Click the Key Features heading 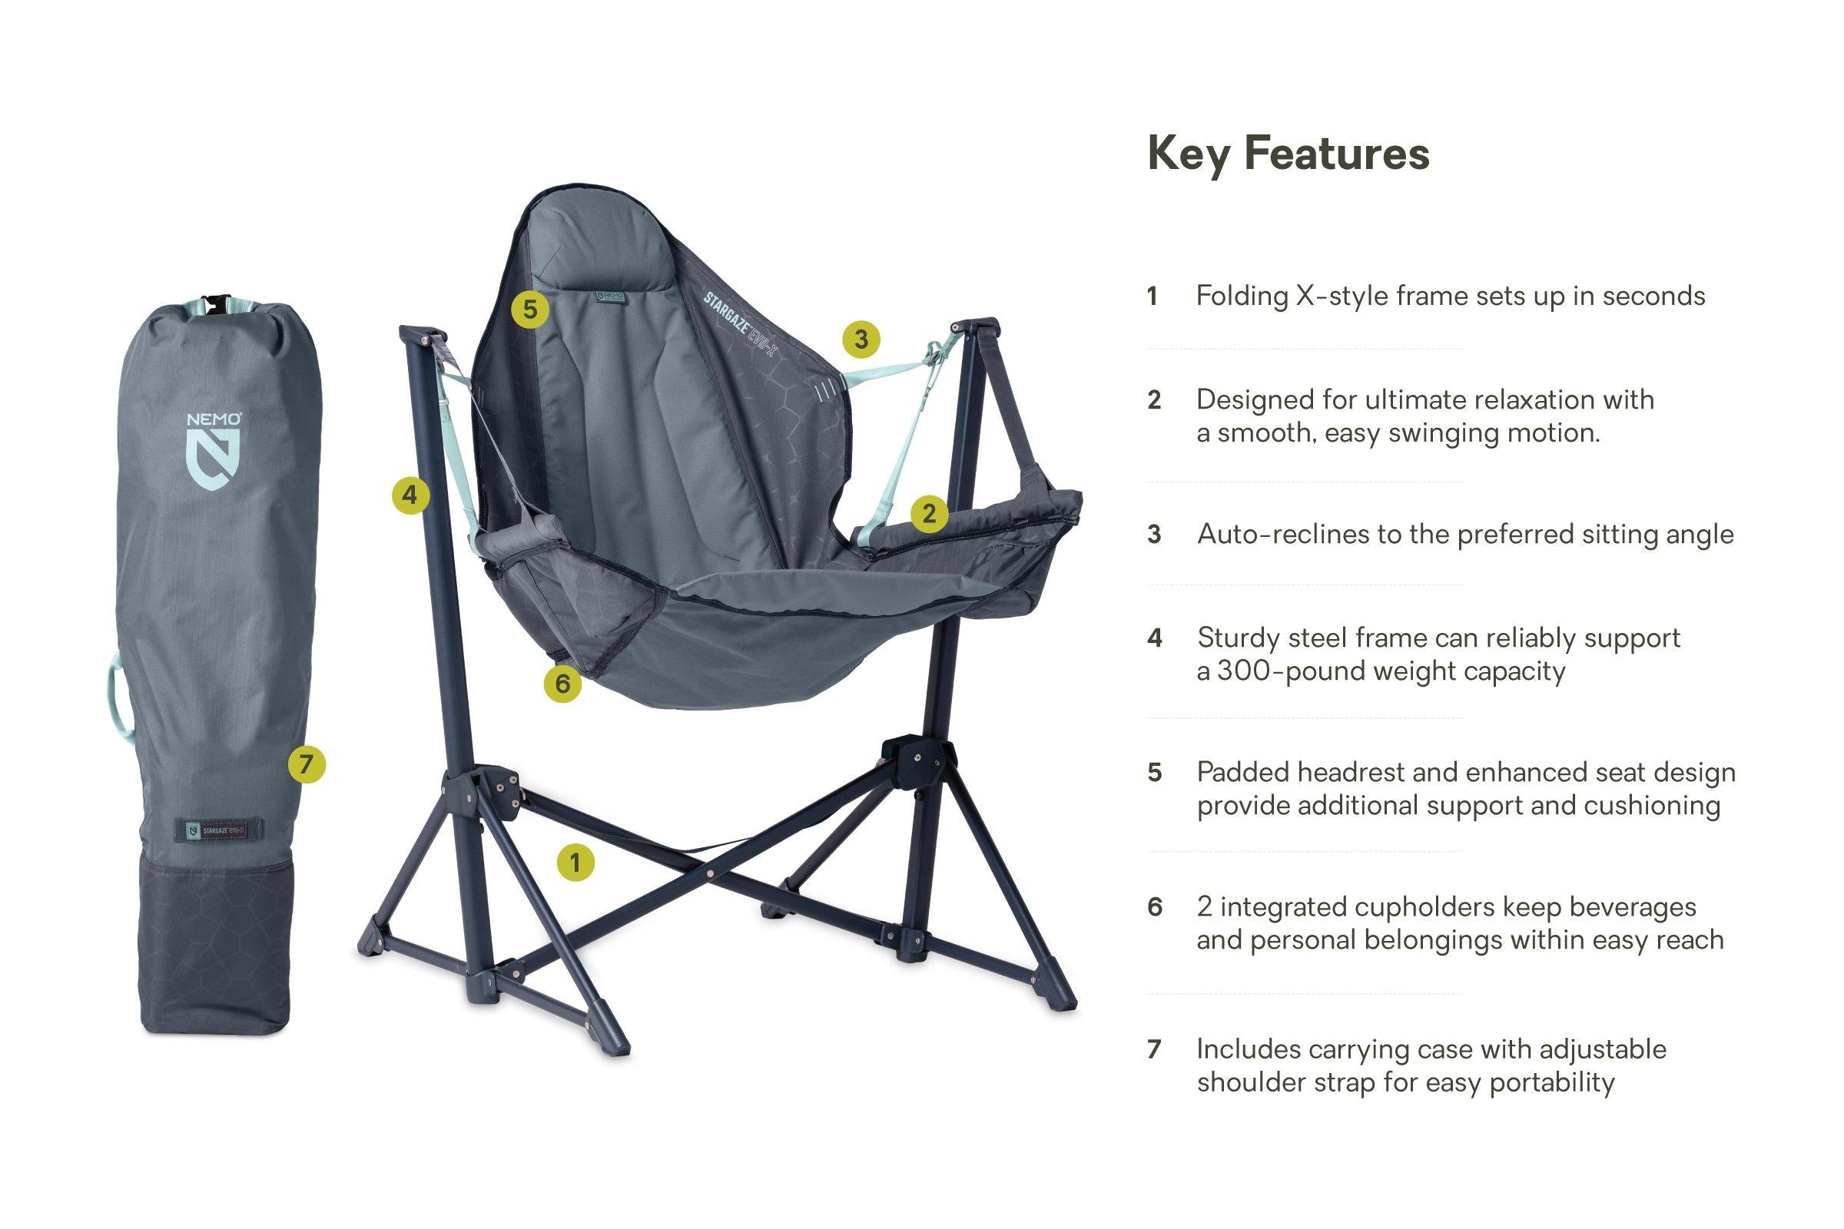coord(1288,154)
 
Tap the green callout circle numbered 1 coord(575,863)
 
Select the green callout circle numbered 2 coord(929,514)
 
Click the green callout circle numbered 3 coord(861,340)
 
